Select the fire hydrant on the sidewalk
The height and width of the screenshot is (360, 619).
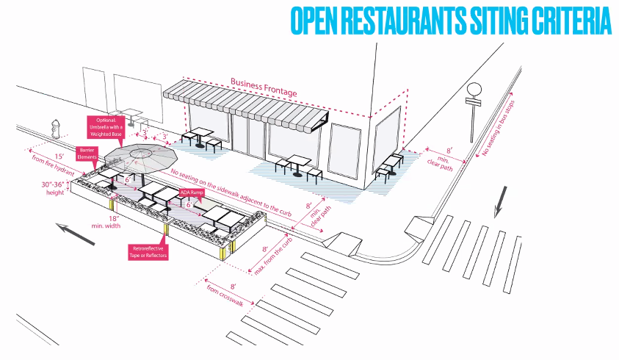pos(56,129)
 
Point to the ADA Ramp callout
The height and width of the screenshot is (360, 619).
pos(193,193)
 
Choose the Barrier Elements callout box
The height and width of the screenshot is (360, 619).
pos(86,153)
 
